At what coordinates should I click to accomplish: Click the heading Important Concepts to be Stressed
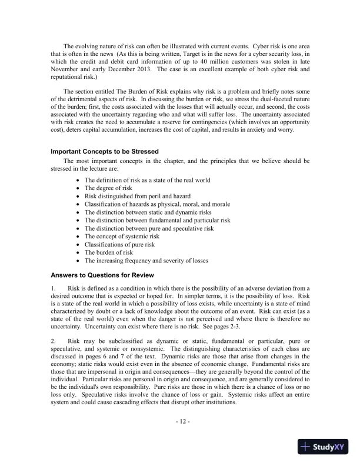coord(105,151)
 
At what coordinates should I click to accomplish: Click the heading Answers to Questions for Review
coord(102,275)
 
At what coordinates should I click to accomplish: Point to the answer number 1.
coord(53,288)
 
